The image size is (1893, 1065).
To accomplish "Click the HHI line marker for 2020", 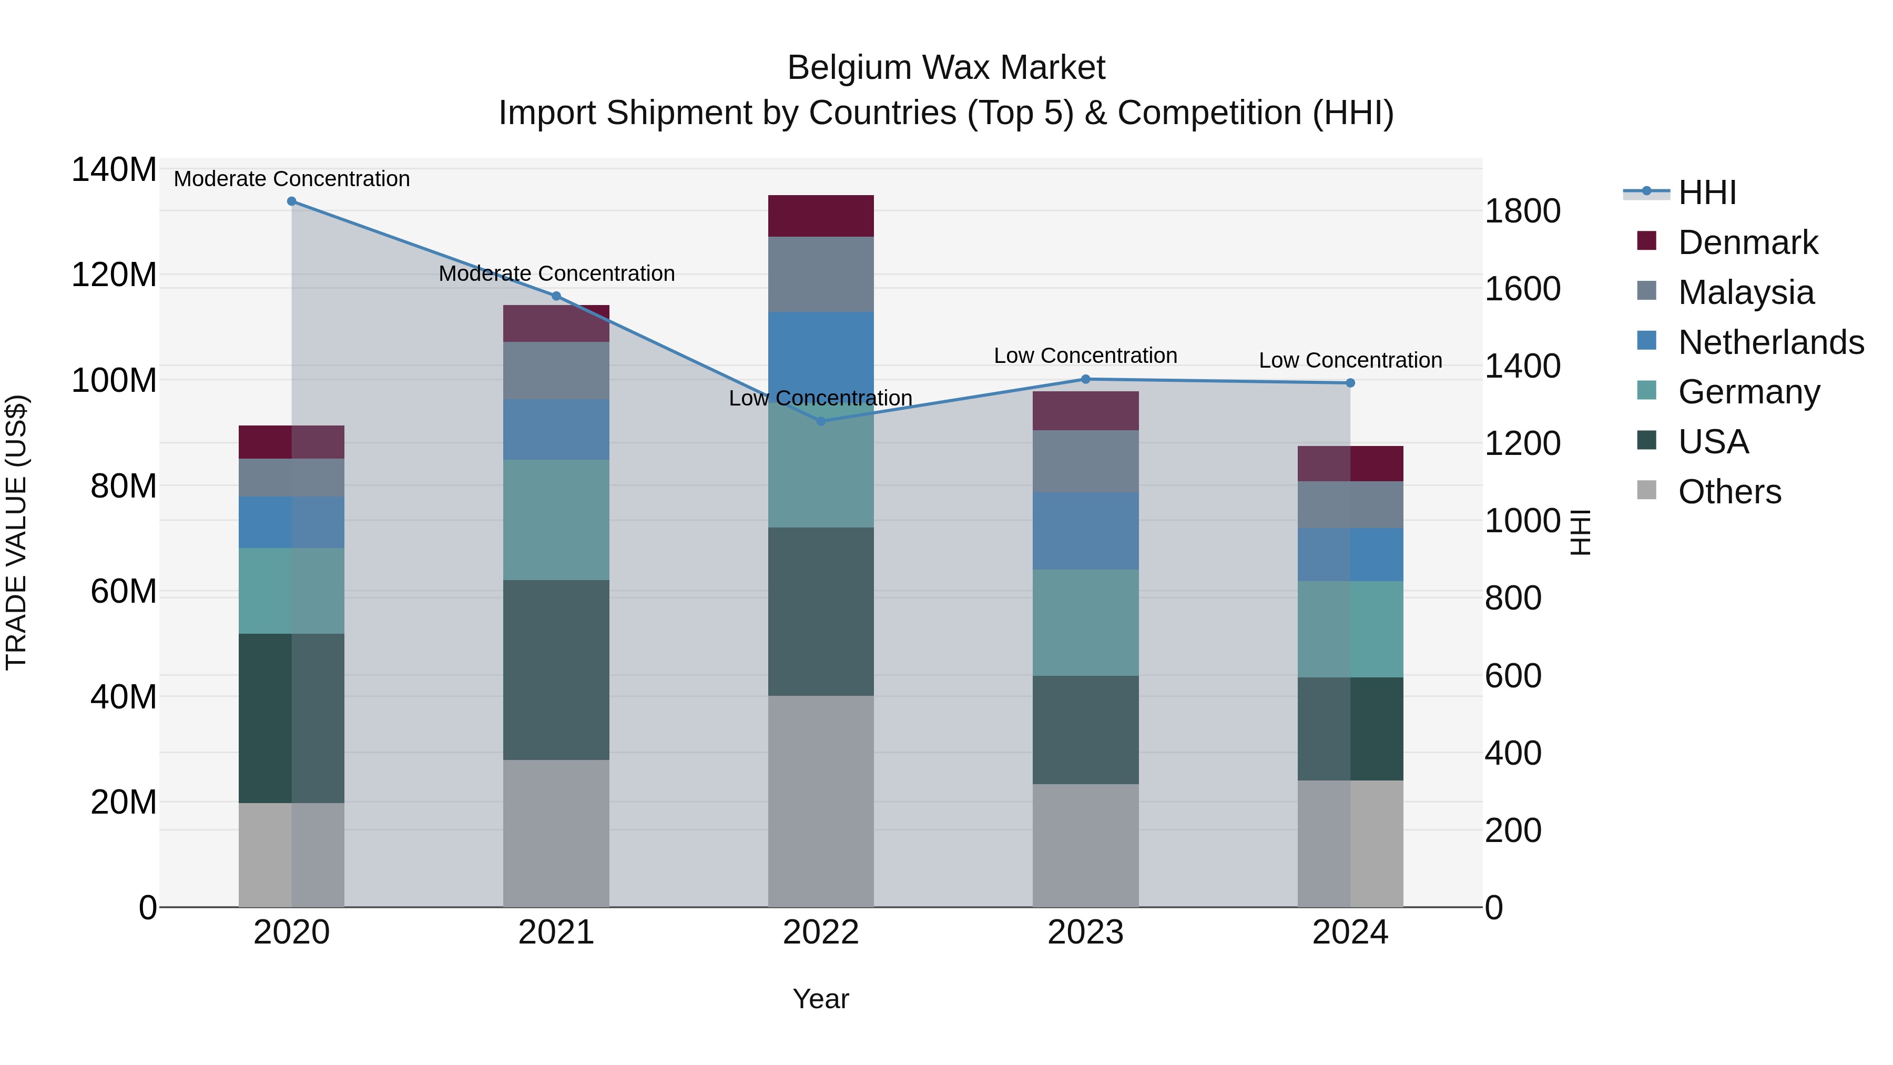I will (x=292, y=201).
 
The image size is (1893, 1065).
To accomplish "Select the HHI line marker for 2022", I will (x=821, y=421).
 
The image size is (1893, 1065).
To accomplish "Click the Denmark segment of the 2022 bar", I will (x=821, y=216).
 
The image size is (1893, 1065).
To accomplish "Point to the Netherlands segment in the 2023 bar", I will (x=1085, y=531).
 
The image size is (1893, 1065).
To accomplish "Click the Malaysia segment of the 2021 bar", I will (x=556, y=370).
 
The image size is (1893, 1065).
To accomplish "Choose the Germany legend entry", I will (x=1749, y=392).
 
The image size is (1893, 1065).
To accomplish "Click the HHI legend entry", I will (x=1707, y=192).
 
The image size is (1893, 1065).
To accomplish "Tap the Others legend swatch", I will (x=1647, y=490).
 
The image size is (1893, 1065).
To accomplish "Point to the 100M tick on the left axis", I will (x=114, y=381).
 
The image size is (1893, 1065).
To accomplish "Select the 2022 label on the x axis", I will (x=821, y=932).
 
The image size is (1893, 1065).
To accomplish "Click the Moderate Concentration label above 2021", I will (x=556, y=273).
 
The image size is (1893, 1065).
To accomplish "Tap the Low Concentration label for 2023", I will (x=1085, y=356).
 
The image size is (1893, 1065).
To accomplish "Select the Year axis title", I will (x=821, y=999).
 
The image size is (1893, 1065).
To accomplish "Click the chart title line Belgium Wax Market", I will (x=946, y=68).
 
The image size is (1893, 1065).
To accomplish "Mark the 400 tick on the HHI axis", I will (x=1513, y=753).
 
